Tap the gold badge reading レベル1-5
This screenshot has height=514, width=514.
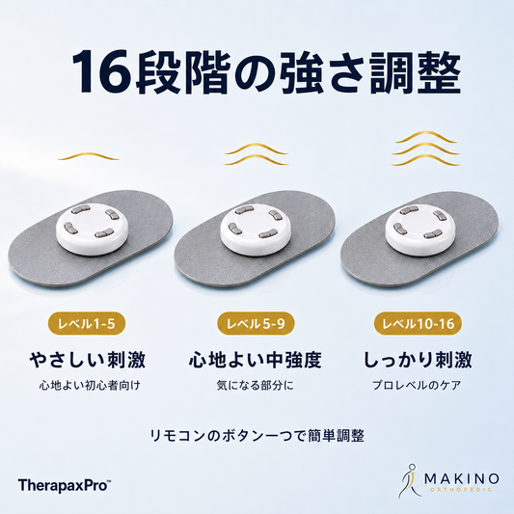(x=87, y=324)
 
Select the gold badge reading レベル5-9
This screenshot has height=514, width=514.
(x=256, y=324)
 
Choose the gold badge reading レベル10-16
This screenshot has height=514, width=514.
(x=419, y=324)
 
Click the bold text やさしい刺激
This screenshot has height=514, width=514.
(x=87, y=360)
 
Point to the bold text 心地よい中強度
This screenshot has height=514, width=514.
(x=256, y=360)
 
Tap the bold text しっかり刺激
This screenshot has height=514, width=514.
(x=418, y=360)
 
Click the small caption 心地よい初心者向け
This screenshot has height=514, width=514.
(x=90, y=385)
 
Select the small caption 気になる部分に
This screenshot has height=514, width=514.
(x=256, y=385)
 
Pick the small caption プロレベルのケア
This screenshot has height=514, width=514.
(x=417, y=385)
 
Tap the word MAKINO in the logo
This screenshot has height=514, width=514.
(x=462, y=479)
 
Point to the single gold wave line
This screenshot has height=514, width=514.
(x=89, y=156)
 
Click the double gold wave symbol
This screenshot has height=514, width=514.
(x=256, y=153)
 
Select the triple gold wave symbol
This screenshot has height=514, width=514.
(x=426, y=149)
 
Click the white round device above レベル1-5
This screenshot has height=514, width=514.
(x=90, y=229)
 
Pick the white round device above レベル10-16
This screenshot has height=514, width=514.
(x=419, y=229)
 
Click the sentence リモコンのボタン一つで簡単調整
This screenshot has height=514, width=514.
(x=257, y=436)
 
